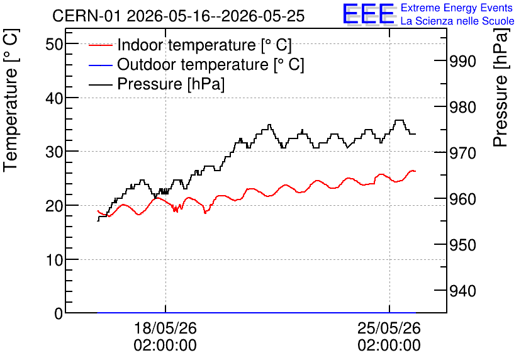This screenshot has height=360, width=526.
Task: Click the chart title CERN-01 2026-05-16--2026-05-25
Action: coord(179,16)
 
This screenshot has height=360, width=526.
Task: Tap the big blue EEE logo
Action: coord(369,14)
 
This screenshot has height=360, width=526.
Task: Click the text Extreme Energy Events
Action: coord(457,8)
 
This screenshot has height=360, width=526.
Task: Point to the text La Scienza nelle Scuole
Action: coord(457,21)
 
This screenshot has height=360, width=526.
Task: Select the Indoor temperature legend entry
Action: coord(190,45)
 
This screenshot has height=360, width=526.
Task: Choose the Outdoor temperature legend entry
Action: coord(196,64)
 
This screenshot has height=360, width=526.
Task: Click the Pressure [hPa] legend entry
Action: coord(157,84)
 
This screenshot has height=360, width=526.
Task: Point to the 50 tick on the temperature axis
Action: coord(54,44)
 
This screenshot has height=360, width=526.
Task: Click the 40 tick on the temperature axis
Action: coord(54,98)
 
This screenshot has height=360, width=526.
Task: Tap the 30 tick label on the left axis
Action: coord(54,152)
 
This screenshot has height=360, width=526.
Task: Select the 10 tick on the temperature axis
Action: coord(54,260)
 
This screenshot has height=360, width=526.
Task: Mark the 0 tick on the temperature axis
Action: coord(59,313)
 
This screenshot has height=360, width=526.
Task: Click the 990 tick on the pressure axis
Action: coord(462,61)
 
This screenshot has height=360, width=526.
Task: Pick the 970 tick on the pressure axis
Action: coord(462,153)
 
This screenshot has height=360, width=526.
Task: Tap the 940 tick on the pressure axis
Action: coord(462,291)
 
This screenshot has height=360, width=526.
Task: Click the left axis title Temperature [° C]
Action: coord(11,101)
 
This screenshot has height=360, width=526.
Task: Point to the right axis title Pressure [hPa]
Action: coord(501,87)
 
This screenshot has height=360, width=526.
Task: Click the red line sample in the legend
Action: coord(100,45)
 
